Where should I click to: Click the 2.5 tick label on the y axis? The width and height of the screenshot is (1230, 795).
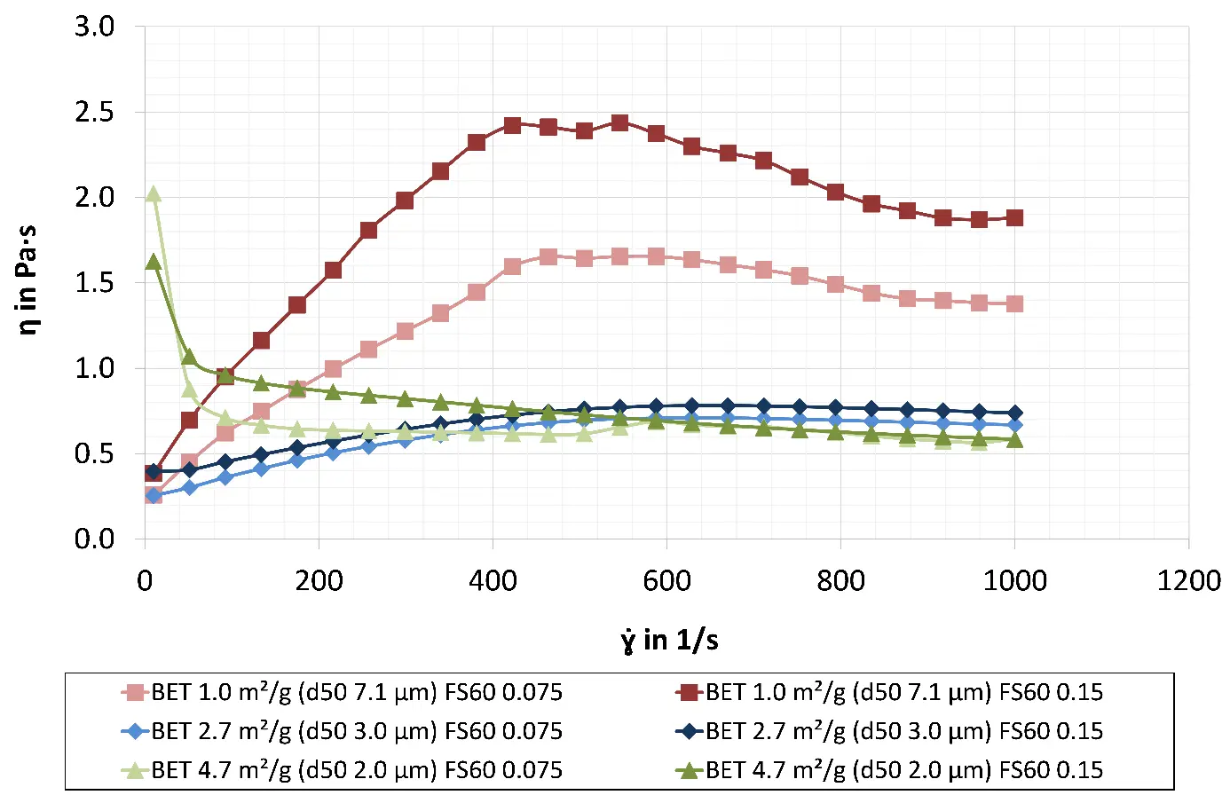tap(94, 113)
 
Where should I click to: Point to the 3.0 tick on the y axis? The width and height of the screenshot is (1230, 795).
tap(94, 27)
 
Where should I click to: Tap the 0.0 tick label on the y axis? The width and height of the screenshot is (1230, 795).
tap(94, 539)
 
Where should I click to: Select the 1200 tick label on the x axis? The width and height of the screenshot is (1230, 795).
tap(1189, 581)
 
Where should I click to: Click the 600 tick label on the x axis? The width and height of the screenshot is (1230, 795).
tap(666, 581)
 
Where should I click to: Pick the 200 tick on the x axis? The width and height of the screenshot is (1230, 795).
tap(319, 581)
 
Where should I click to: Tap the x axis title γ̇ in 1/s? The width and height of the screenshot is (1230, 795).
tap(669, 640)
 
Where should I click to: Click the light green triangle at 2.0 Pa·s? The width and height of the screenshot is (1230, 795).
tap(153, 194)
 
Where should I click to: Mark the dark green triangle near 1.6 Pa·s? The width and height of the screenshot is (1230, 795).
tap(153, 262)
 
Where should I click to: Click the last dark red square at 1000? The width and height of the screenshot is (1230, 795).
tap(1015, 218)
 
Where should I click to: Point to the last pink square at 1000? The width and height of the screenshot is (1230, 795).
tap(1015, 303)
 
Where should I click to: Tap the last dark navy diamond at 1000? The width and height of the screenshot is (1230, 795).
tap(1015, 413)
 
